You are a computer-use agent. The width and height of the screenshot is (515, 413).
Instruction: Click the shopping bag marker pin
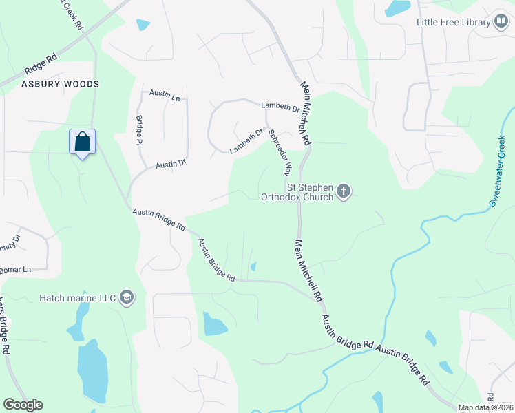(x=82, y=142)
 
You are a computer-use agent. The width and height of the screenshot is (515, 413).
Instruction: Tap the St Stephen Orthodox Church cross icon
(x=343, y=191)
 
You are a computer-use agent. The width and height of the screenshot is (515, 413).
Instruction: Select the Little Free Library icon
(x=500, y=21)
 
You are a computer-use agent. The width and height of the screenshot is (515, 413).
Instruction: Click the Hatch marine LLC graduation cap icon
(x=127, y=297)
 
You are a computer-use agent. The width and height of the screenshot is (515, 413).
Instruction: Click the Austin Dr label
(x=171, y=165)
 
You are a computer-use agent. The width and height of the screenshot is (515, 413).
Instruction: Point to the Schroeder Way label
(x=280, y=151)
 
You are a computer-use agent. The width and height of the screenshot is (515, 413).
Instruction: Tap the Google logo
(x=23, y=405)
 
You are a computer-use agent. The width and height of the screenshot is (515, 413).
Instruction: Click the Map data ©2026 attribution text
(x=485, y=407)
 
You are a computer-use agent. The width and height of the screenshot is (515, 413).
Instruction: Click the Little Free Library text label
(x=452, y=22)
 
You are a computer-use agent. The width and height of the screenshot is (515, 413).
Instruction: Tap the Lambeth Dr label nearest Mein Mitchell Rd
(x=280, y=107)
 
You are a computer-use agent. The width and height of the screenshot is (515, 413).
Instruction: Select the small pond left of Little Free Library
(x=397, y=8)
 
